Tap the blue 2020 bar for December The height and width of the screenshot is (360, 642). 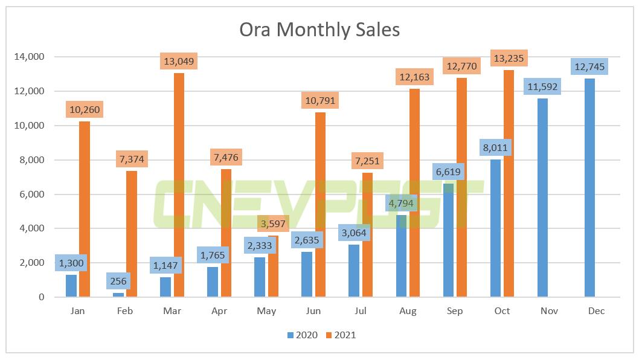590,188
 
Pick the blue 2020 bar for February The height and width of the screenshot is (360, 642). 118,295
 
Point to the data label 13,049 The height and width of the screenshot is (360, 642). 179,61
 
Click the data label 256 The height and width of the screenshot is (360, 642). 118,280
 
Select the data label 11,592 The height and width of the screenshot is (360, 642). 542,86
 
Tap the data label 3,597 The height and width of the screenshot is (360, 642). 274,223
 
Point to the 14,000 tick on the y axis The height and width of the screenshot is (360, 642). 28,57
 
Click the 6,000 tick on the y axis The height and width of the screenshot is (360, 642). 30,194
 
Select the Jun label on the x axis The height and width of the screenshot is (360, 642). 313,310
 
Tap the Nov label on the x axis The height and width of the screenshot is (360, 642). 549,310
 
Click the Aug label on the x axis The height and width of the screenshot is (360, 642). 408,310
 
